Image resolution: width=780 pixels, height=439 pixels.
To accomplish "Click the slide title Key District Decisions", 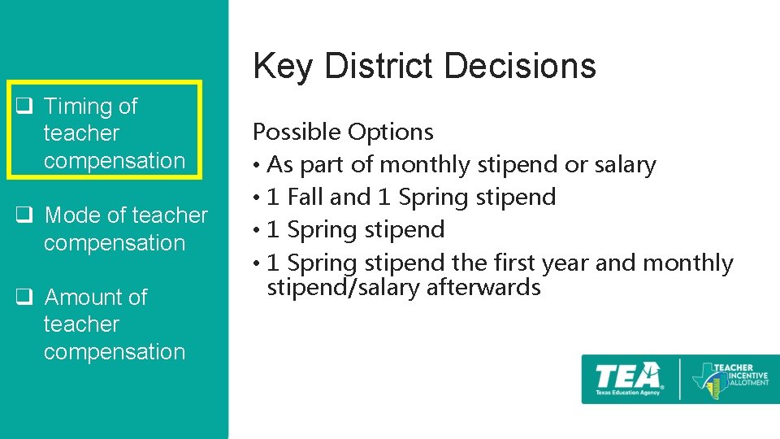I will (424, 67).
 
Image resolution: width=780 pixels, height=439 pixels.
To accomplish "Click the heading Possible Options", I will (343, 132).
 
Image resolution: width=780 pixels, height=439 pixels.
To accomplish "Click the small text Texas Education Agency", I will (626, 392).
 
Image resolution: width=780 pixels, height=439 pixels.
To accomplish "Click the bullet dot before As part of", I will (257, 166).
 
